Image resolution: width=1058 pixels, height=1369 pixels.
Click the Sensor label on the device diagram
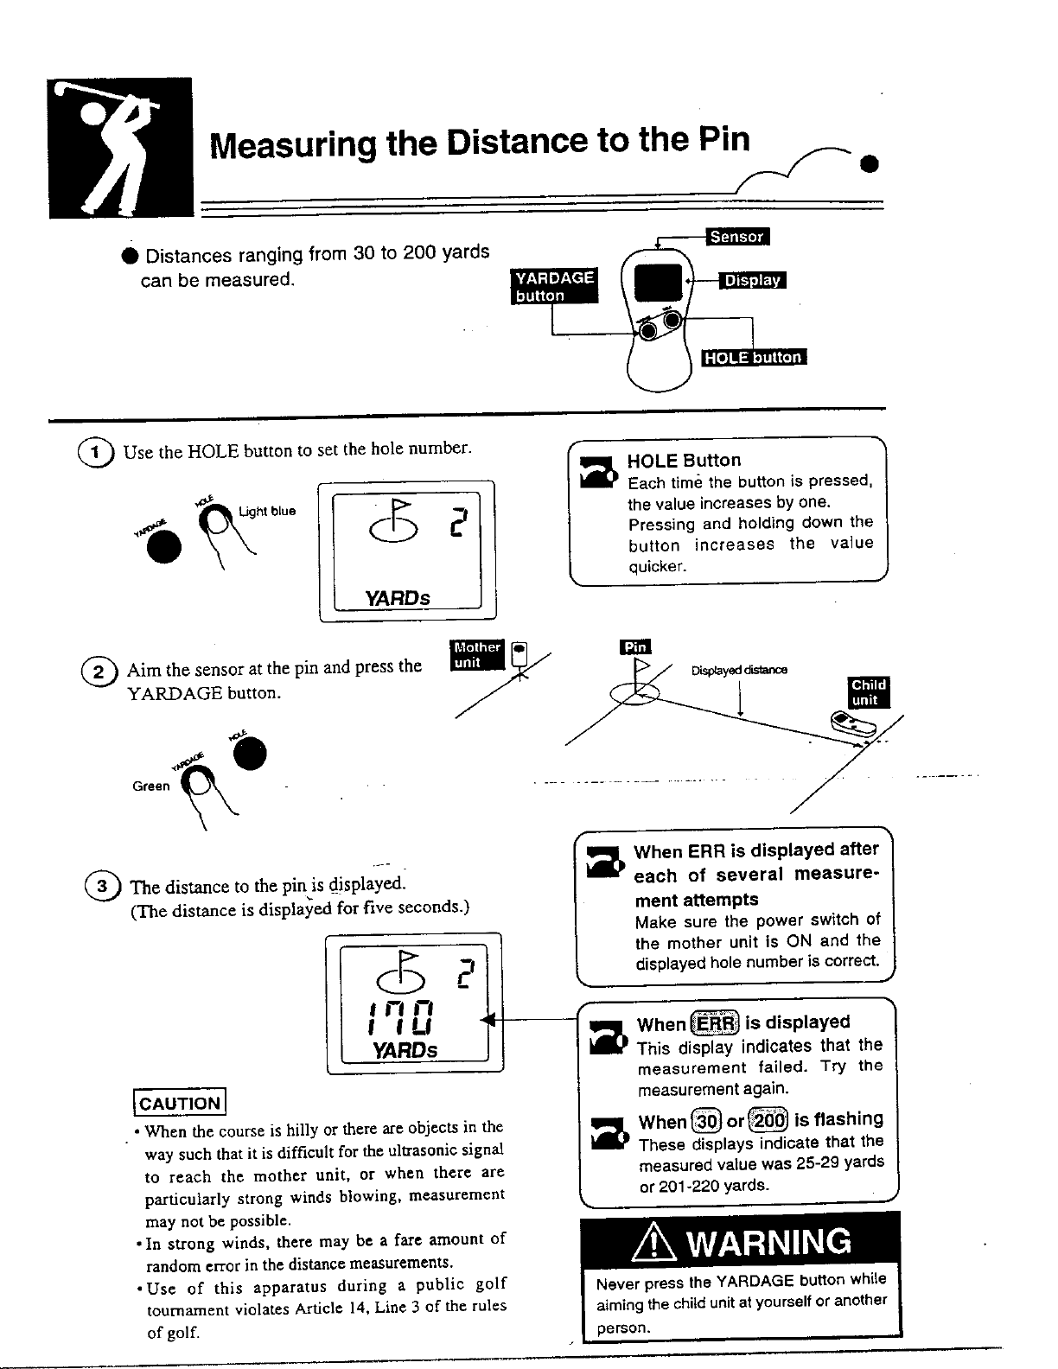737,237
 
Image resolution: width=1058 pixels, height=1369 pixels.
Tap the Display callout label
752,280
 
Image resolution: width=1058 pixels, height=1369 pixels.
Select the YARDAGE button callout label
554,286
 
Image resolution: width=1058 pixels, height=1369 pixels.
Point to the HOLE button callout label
753,358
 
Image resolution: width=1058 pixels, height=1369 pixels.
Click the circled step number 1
96,452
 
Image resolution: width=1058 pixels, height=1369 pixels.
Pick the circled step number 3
102,887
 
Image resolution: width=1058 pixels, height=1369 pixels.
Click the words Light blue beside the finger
267,511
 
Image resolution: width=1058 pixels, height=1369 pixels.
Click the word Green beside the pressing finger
150,786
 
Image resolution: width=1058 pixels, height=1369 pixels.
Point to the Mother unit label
477,655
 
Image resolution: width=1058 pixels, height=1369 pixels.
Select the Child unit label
867,693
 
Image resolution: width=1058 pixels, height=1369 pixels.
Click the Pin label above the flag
636,648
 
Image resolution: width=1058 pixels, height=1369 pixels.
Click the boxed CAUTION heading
179,1103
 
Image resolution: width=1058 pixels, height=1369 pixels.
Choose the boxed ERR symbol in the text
714,1024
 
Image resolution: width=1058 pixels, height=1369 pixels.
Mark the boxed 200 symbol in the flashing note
769,1121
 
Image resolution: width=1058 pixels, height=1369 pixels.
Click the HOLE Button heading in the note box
684,460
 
